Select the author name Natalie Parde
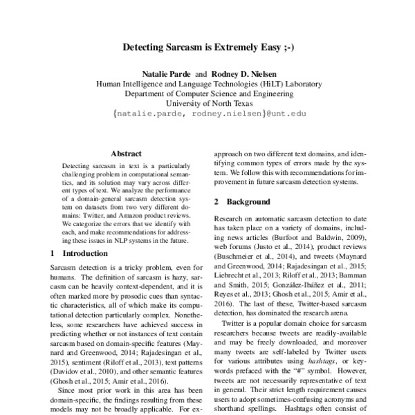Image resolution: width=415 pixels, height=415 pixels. pyautogui.click(x=167, y=73)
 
